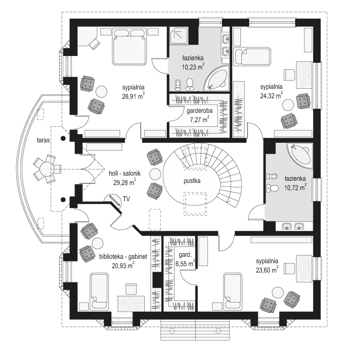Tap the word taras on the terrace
35,140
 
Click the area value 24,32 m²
271,95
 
